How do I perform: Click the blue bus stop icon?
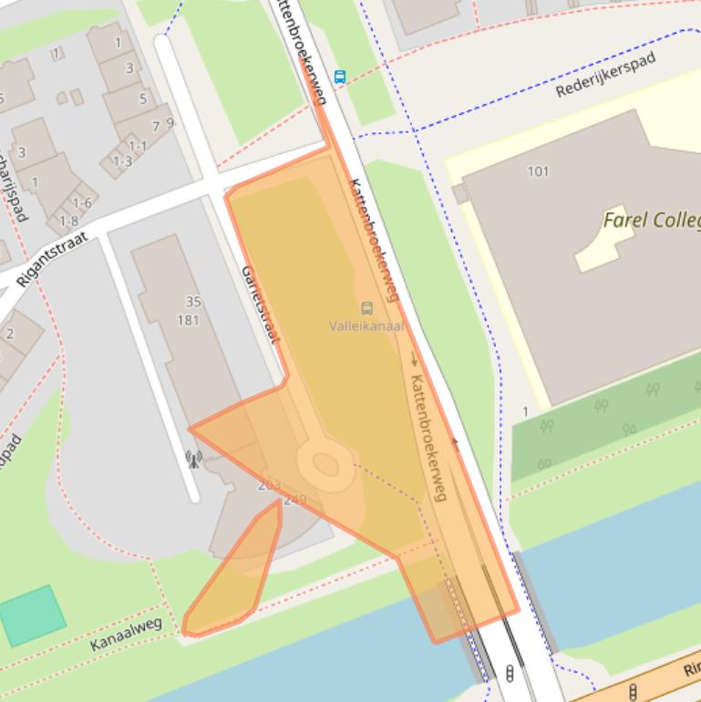340,77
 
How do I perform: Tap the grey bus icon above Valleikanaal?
366,309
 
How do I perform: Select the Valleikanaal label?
366,325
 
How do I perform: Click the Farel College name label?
651,220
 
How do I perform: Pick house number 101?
538,171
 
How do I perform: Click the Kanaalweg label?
126,634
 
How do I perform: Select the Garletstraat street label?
258,305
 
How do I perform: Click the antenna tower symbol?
193,458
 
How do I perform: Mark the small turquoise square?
33,616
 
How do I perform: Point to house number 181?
188,319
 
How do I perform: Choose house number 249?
295,500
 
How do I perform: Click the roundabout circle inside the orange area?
325,464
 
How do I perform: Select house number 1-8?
68,221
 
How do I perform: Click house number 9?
170,122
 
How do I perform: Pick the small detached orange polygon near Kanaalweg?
235,575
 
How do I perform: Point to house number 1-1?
137,146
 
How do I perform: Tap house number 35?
192,302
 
